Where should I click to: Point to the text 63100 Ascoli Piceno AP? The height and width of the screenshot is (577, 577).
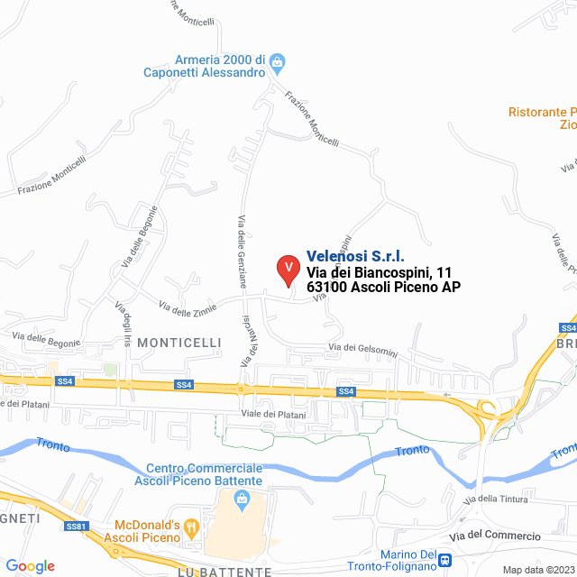(x=383, y=287)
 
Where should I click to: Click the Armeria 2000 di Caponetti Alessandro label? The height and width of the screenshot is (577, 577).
(x=207, y=65)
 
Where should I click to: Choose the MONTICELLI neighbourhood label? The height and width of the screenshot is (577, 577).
(x=179, y=343)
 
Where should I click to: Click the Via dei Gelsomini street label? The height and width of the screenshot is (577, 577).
(x=363, y=348)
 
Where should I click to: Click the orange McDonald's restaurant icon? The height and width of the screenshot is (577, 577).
(x=190, y=527)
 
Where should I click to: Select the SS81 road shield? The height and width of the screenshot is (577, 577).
(x=78, y=526)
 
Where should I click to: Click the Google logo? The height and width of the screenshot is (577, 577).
(x=30, y=566)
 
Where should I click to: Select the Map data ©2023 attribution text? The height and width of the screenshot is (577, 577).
(x=537, y=569)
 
